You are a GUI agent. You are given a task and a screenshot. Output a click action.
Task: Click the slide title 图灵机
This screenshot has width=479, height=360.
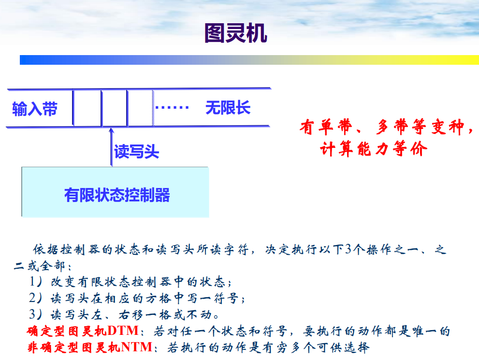(235, 33)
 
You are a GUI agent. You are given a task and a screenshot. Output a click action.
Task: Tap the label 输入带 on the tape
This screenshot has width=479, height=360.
(35, 109)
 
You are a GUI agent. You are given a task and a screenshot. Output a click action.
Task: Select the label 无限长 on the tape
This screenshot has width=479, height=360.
(228, 107)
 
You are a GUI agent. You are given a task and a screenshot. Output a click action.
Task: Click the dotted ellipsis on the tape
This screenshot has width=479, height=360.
(172, 107)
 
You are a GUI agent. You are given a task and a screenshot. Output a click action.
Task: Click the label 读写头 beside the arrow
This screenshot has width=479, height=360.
(136, 152)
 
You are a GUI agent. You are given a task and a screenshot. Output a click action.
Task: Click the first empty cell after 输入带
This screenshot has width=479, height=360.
(87, 108)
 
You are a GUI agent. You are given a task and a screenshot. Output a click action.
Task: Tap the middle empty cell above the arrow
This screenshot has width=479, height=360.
(115, 108)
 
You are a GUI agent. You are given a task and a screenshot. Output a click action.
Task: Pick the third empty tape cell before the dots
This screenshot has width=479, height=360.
(140, 108)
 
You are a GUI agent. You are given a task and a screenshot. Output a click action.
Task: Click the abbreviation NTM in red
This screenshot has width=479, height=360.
(137, 347)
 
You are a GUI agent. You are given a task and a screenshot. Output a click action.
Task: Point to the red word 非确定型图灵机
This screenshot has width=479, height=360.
(73, 347)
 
